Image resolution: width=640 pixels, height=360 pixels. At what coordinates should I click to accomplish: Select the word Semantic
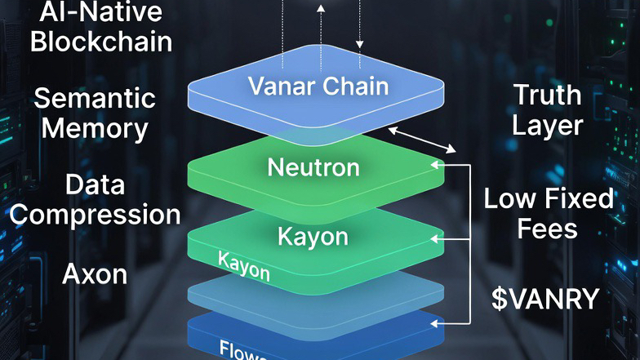click(95, 100)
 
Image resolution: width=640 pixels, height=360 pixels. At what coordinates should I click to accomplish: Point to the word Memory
click(95, 128)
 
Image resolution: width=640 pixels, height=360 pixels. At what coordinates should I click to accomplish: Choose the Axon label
click(95, 274)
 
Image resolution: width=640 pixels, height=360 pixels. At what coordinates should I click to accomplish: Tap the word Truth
click(547, 96)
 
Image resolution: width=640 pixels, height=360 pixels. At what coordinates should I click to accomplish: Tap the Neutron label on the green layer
click(313, 168)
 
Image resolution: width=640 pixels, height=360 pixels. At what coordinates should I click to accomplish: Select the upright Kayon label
click(313, 237)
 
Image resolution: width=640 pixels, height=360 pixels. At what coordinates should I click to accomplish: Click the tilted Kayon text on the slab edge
click(244, 266)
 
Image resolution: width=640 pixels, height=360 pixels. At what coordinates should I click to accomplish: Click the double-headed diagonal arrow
click(423, 139)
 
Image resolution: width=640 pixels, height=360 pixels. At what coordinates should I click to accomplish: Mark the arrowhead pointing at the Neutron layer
click(438, 165)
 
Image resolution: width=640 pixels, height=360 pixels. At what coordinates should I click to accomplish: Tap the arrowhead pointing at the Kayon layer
click(438, 239)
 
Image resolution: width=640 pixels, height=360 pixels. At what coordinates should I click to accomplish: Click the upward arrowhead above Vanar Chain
click(321, 8)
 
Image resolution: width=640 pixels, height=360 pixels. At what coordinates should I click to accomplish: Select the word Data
click(95, 185)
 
